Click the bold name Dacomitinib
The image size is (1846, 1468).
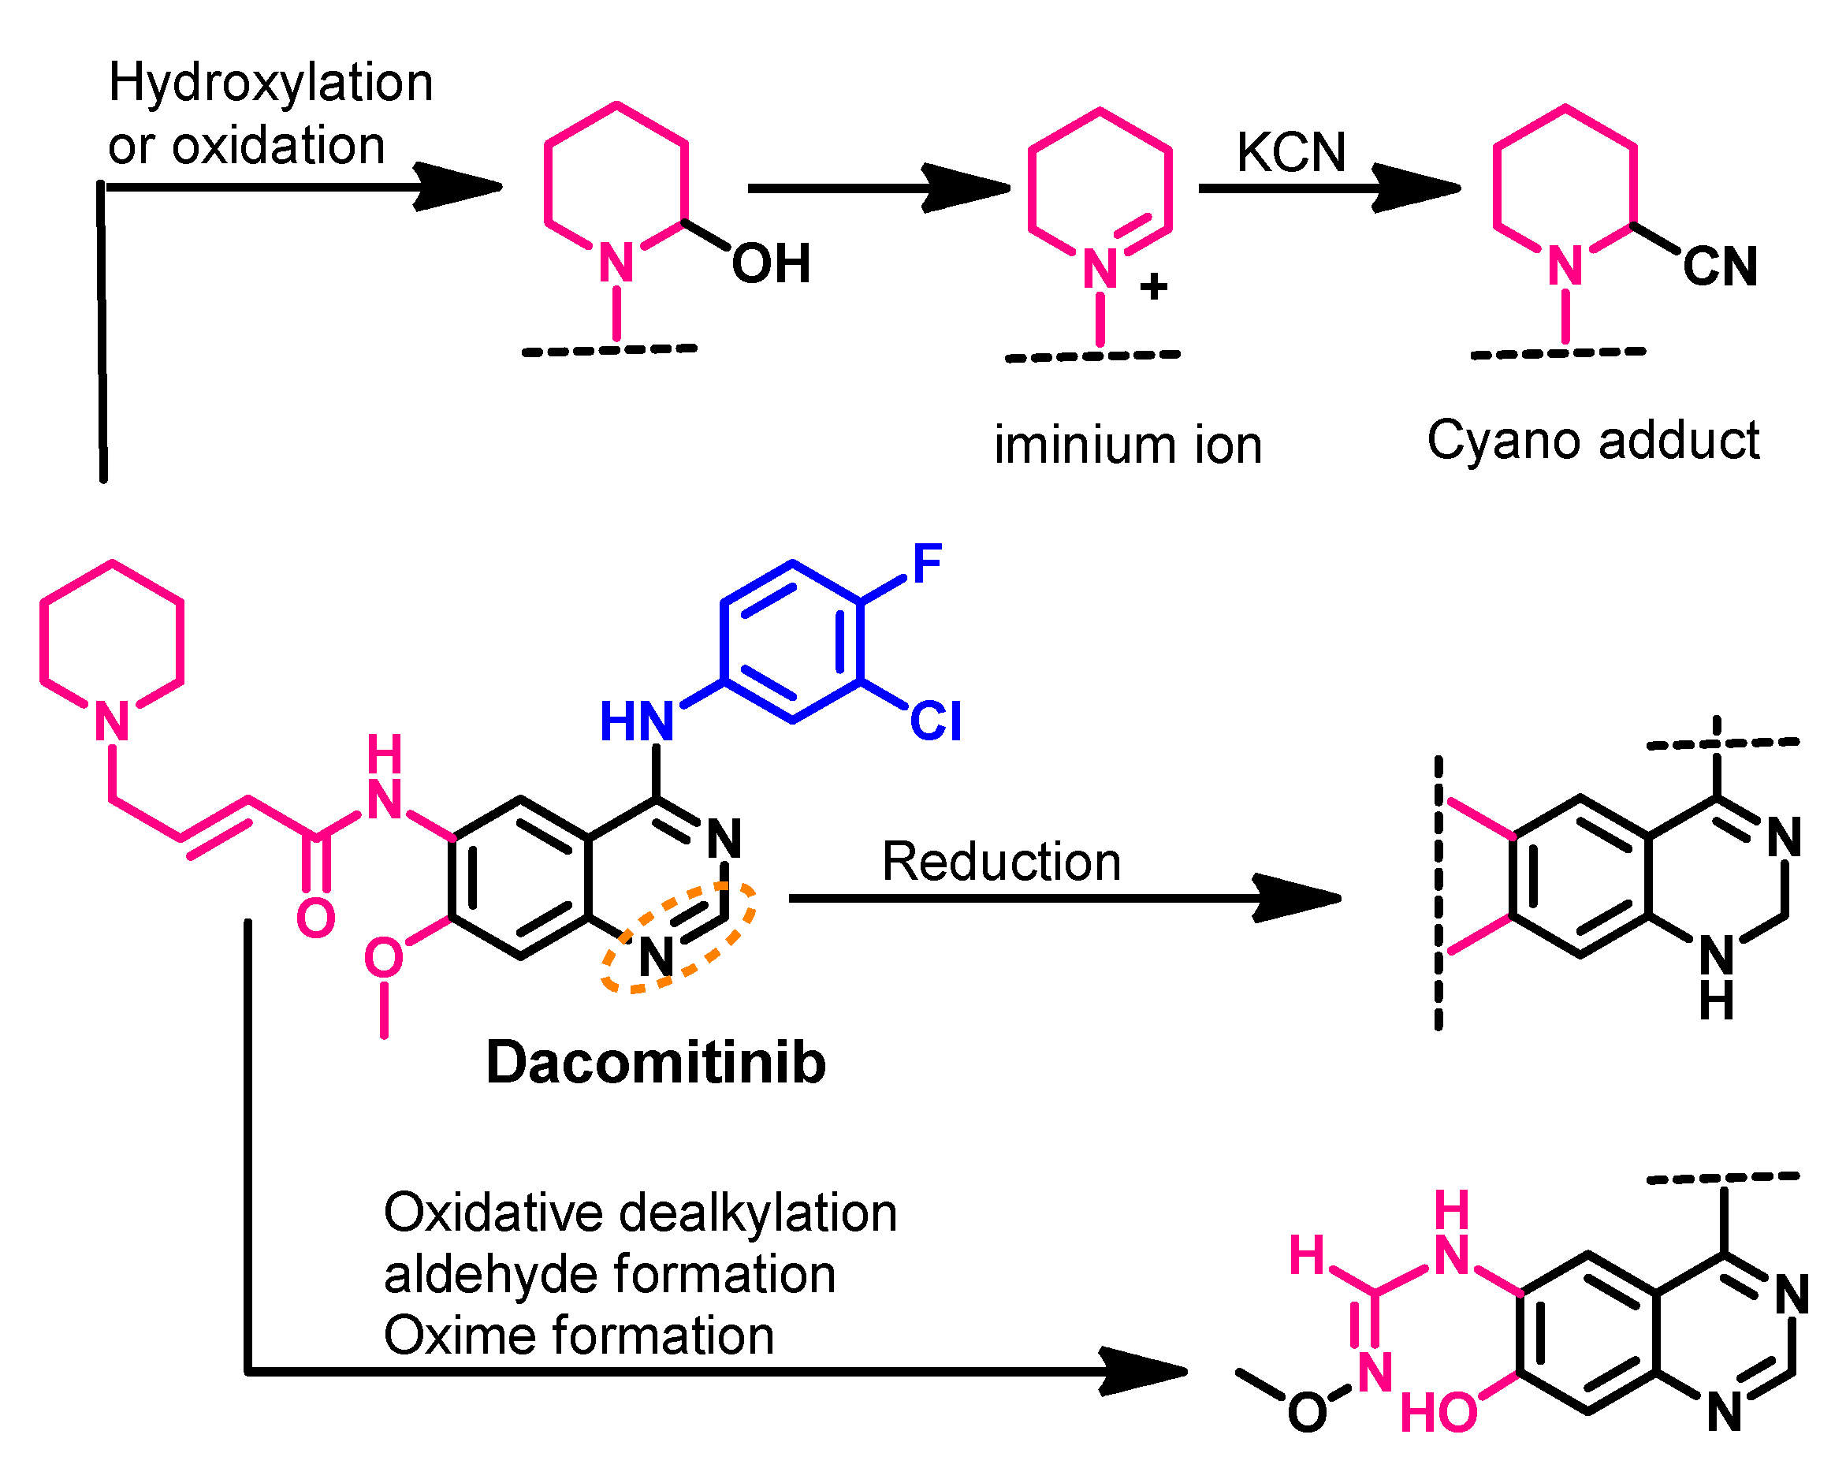point(656,1062)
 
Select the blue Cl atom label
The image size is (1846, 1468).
point(935,721)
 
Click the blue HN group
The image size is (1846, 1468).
point(636,721)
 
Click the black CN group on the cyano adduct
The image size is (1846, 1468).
point(1719,266)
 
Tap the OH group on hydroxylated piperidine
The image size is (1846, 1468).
point(771,263)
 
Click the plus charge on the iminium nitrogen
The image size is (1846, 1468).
point(1153,286)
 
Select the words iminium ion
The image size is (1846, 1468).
point(1128,445)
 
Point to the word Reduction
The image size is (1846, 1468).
point(1001,861)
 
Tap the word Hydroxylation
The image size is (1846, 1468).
point(270,83)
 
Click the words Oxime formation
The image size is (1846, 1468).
point(579,1336)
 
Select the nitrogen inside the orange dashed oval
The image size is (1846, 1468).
point(656,956)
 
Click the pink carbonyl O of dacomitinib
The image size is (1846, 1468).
point(315,918)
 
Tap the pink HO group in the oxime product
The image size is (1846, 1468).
point(1438,1412)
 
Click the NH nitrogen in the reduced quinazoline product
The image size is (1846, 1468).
point(1716,955)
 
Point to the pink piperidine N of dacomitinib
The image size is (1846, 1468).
point(112,721)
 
